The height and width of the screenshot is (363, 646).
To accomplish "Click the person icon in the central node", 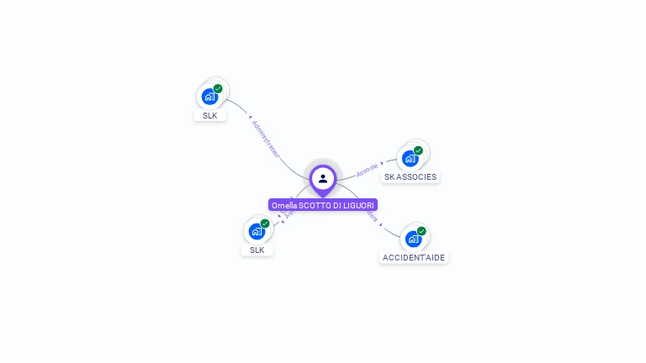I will point(323,178).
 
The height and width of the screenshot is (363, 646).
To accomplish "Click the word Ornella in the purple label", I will point(284,205).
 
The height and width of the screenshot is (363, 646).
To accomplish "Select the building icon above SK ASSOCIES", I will point(410,158).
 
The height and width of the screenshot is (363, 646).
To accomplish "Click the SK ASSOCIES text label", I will point(410,177).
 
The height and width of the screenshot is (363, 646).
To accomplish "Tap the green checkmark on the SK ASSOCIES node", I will point(418,151).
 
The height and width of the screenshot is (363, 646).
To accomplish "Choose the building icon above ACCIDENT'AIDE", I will point(413,239).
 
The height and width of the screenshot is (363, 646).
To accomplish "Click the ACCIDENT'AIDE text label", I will point(414,257).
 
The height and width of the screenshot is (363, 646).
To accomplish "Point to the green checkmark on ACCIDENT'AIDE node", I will point(421,231).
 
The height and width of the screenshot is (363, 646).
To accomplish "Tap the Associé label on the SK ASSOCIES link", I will point(367,170).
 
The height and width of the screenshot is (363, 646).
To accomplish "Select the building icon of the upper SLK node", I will point(209,96).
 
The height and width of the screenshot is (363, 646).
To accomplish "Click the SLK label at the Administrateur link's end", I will point(209,115).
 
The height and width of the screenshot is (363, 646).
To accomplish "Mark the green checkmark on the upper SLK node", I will point(218,88).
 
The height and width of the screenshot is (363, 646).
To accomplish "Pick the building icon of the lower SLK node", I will point(257,231).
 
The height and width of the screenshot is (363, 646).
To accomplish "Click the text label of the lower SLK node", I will point(257,250).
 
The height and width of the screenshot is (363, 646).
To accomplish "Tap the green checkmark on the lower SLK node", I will point(265,224).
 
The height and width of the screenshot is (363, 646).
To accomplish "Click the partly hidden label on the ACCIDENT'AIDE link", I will point(373,217).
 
